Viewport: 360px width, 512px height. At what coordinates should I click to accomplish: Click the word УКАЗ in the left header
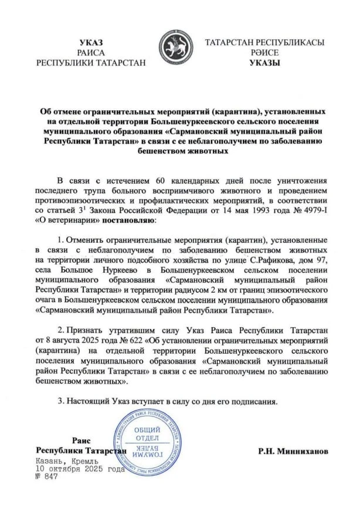(90, 42)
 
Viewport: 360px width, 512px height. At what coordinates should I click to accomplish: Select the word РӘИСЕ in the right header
(264, 53)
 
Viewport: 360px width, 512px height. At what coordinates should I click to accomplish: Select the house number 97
(313, 260)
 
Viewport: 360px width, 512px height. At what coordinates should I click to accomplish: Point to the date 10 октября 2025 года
(79, 469)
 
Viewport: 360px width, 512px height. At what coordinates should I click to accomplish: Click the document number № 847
(46, 477)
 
